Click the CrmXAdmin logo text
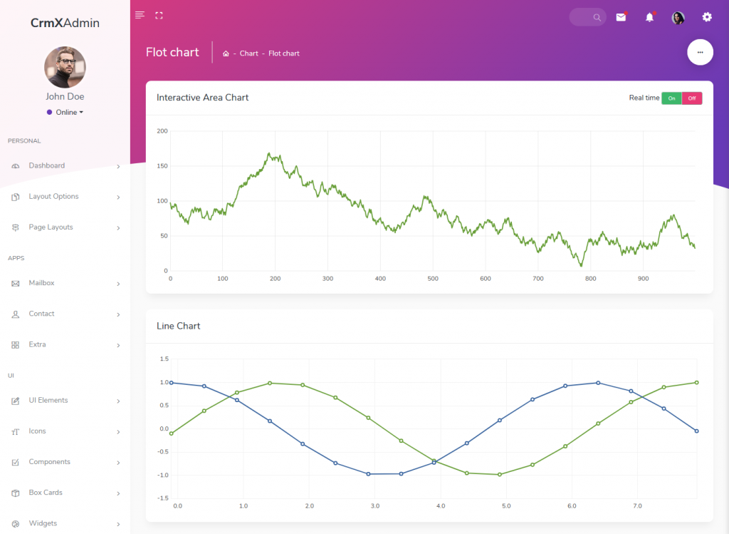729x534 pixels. (x=65, y=23)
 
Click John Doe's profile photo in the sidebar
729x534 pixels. (x=65, y=67)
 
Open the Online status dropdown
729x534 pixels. (x=65, y=112)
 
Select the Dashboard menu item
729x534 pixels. (x=47, y=165)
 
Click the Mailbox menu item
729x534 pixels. (x=41, y=283)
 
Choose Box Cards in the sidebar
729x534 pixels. (x=46, y=493)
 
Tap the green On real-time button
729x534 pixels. (x=671, y=98)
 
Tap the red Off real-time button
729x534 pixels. (x=692, y=98)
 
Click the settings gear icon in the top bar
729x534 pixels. (x=707, y=17)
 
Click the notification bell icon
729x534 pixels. (x=649, y=17)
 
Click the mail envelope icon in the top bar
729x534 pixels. (x=621, y=17)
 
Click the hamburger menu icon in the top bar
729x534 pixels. (x=140, y=15)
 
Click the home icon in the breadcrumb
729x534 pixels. (x=226, y=53)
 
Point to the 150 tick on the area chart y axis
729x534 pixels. (x=162, y=165)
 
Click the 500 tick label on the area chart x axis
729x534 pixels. (x=433, y=279)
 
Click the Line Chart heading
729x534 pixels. (x=178, y=326)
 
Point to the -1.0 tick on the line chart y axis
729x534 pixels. (x=163, y=475)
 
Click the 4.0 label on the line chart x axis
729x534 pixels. (x=441, y=505)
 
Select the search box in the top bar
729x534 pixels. (x=587, y=17)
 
